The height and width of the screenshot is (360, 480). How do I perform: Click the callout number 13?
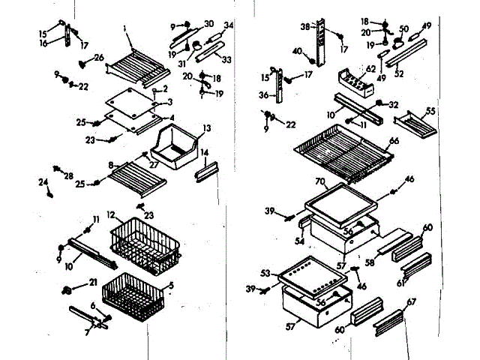[207, 127]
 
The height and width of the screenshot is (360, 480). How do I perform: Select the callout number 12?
[111, 215]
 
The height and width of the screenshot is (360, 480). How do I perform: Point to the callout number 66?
[394, 142]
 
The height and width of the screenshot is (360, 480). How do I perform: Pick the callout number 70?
[319, 181]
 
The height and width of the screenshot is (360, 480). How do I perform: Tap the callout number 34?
[229, 26]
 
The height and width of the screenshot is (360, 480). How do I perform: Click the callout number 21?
[93, 282]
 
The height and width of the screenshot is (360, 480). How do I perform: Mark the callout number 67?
[411, 301]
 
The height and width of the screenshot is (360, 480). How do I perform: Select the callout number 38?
[305, 27]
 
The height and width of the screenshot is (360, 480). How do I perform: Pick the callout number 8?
[111, 165]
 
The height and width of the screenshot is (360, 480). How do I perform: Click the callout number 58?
[368, 262]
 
